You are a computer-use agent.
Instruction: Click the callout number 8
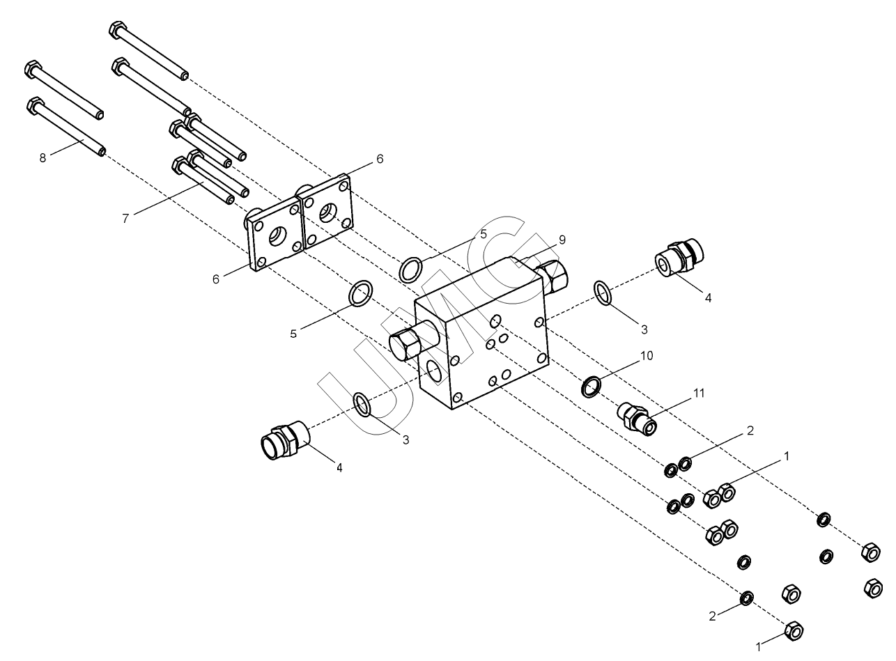tap(43, 158)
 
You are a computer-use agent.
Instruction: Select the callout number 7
tap(125, 219)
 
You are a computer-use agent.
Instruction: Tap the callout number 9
tap(562, 240)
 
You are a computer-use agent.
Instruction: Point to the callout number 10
tap(647, 355)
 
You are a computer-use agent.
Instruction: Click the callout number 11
tap(699, 393)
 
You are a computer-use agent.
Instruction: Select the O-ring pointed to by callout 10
tap(592, 387)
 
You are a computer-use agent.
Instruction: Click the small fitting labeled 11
tap(637, 419)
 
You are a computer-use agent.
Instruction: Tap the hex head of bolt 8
tap(35, 105)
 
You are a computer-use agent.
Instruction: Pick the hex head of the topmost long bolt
tap(118, 30)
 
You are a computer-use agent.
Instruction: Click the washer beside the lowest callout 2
tap(747, 598)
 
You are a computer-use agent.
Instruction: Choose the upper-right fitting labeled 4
tap(679, 258)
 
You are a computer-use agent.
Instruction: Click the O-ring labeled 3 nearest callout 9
tap(602, 293)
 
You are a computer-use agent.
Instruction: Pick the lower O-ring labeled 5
tap(360, 294)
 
